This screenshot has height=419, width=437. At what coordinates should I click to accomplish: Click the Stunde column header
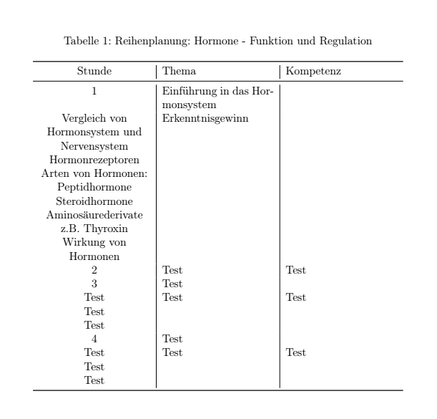point(94,72)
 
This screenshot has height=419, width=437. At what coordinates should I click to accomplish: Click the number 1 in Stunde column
point(94,92)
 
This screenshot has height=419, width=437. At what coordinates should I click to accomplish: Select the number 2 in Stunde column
point(94,270)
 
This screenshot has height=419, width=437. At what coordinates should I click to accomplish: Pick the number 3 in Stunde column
point(94,284)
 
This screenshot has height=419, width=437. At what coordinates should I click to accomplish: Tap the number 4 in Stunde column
point(94,339)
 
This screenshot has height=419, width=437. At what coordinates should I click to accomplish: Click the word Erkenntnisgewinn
point(206,119)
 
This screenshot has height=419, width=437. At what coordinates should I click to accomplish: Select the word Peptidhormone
point(94,188)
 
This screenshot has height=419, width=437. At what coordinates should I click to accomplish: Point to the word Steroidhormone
point(94,201)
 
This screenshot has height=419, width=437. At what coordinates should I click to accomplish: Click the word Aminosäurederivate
point(94,215)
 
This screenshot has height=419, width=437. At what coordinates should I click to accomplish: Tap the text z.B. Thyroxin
point(94,228)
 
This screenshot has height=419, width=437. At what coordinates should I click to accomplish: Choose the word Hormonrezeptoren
point(94,160)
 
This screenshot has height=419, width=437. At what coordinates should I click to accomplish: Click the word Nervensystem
point(94,146)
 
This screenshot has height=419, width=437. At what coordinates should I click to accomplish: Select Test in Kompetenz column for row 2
point(295,270)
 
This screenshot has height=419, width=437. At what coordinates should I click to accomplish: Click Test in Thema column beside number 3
point(172,284)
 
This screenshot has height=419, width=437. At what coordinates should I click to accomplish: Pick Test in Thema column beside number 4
point(172,339)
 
